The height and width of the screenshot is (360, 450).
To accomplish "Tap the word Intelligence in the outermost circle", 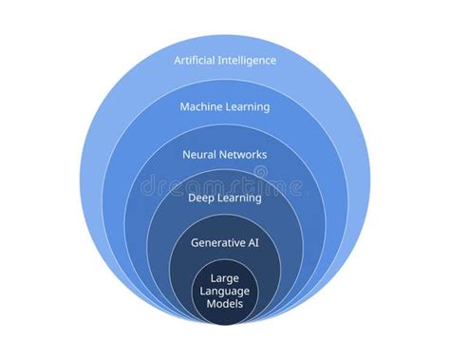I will point(248,61).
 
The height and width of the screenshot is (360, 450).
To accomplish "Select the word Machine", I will point(202,107).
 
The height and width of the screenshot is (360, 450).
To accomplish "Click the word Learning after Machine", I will point(248,107).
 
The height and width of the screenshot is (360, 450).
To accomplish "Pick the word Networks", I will point(244,154).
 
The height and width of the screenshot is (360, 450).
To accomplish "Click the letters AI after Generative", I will point(253,243).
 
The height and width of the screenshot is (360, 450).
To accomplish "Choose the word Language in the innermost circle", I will point(225,292).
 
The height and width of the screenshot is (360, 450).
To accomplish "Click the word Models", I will point(225,304).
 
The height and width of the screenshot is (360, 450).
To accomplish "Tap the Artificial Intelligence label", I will point(225,61).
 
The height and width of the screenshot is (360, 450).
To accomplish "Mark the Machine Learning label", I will point(225,107).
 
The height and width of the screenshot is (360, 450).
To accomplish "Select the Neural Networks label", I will point(225,154).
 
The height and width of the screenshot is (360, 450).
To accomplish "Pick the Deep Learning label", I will point(225,199).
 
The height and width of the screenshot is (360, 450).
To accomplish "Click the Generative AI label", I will point(225,243).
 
